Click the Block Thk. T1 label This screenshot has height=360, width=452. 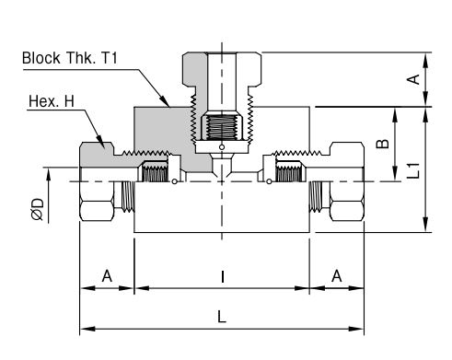coord(70,58)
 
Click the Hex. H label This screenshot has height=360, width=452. coord(52,101)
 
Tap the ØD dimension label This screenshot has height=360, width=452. coord(38,209)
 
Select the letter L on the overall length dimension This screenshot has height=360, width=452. coord(222,317)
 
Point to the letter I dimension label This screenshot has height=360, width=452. coord(223,276)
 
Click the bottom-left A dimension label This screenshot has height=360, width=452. coord(107,276)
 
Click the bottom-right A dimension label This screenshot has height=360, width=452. coord(337,276)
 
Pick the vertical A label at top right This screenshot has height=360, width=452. coord(413,79)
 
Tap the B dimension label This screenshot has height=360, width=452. coord(383,144)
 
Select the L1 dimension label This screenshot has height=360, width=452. coord(413,170)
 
